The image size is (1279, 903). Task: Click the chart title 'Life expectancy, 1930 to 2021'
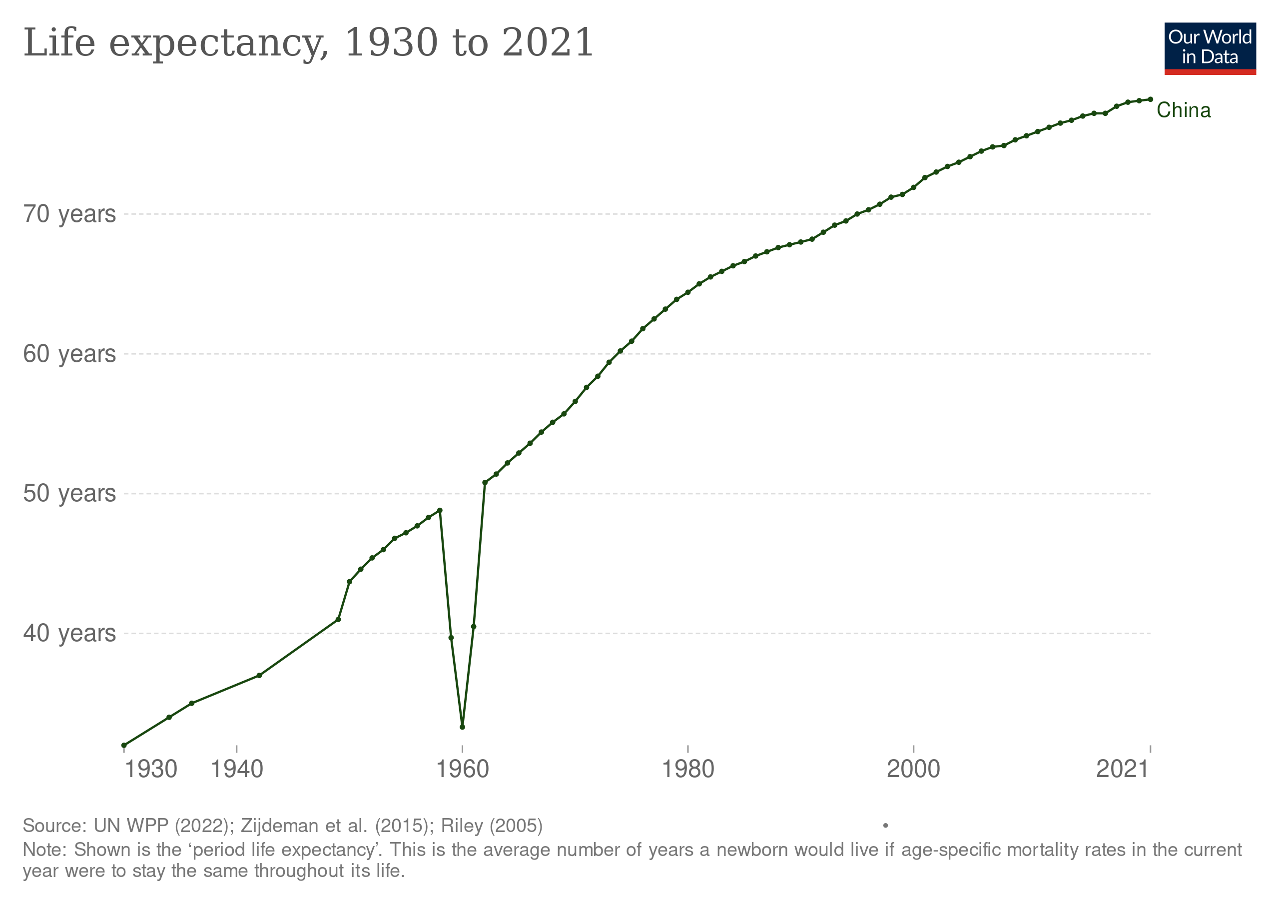pos(308,42)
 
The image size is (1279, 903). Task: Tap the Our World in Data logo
pos(1210,48)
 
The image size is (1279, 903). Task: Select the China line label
pos(1183,110)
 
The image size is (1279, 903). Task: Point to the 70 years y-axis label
pos(69,214)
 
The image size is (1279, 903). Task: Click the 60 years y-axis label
pos(69,354)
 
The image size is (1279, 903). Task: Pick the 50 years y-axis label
pos(69,494)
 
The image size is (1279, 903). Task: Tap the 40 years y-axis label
pos(69,633)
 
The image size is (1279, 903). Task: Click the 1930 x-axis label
pos(150,769)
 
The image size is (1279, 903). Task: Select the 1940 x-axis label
pos(237,769)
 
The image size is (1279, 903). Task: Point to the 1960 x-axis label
pos(462,769)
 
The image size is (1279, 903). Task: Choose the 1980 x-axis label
pos(688,769)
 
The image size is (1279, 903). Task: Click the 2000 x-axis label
pos(913,769)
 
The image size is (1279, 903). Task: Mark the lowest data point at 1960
pos(462,728)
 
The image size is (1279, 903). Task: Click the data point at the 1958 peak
pos(440,510)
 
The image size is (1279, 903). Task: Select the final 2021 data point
pos(1150,99)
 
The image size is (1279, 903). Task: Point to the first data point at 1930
pos(124,746)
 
